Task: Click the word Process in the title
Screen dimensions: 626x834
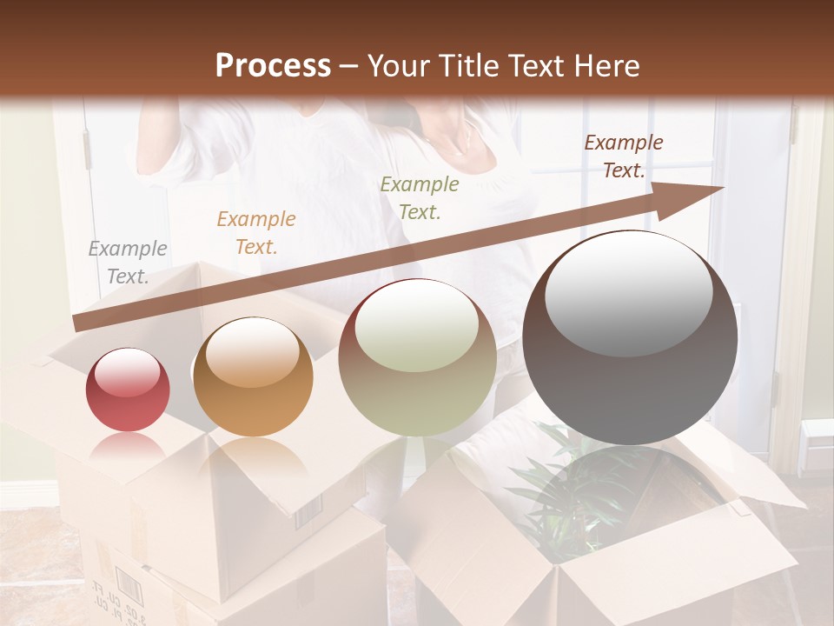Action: point(273,66)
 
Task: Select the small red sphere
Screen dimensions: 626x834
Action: point(128,390)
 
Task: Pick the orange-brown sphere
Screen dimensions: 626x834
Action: point(253,376)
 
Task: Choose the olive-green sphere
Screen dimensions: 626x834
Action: point(417,357)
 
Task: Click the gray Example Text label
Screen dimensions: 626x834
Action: point(128,263)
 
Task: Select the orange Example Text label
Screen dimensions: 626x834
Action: point(256,233)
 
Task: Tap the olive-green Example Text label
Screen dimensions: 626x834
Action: point(420,198)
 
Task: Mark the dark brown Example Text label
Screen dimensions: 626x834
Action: point(624,156)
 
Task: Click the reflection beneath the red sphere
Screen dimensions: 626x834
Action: point(128,448)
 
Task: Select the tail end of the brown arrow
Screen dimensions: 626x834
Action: point(83,322)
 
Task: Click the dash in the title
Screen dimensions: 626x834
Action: point(349,66)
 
